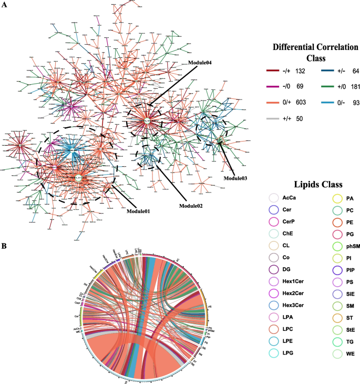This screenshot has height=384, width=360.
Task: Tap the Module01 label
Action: coord(138,211)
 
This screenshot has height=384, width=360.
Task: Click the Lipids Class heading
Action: coord(312,185)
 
